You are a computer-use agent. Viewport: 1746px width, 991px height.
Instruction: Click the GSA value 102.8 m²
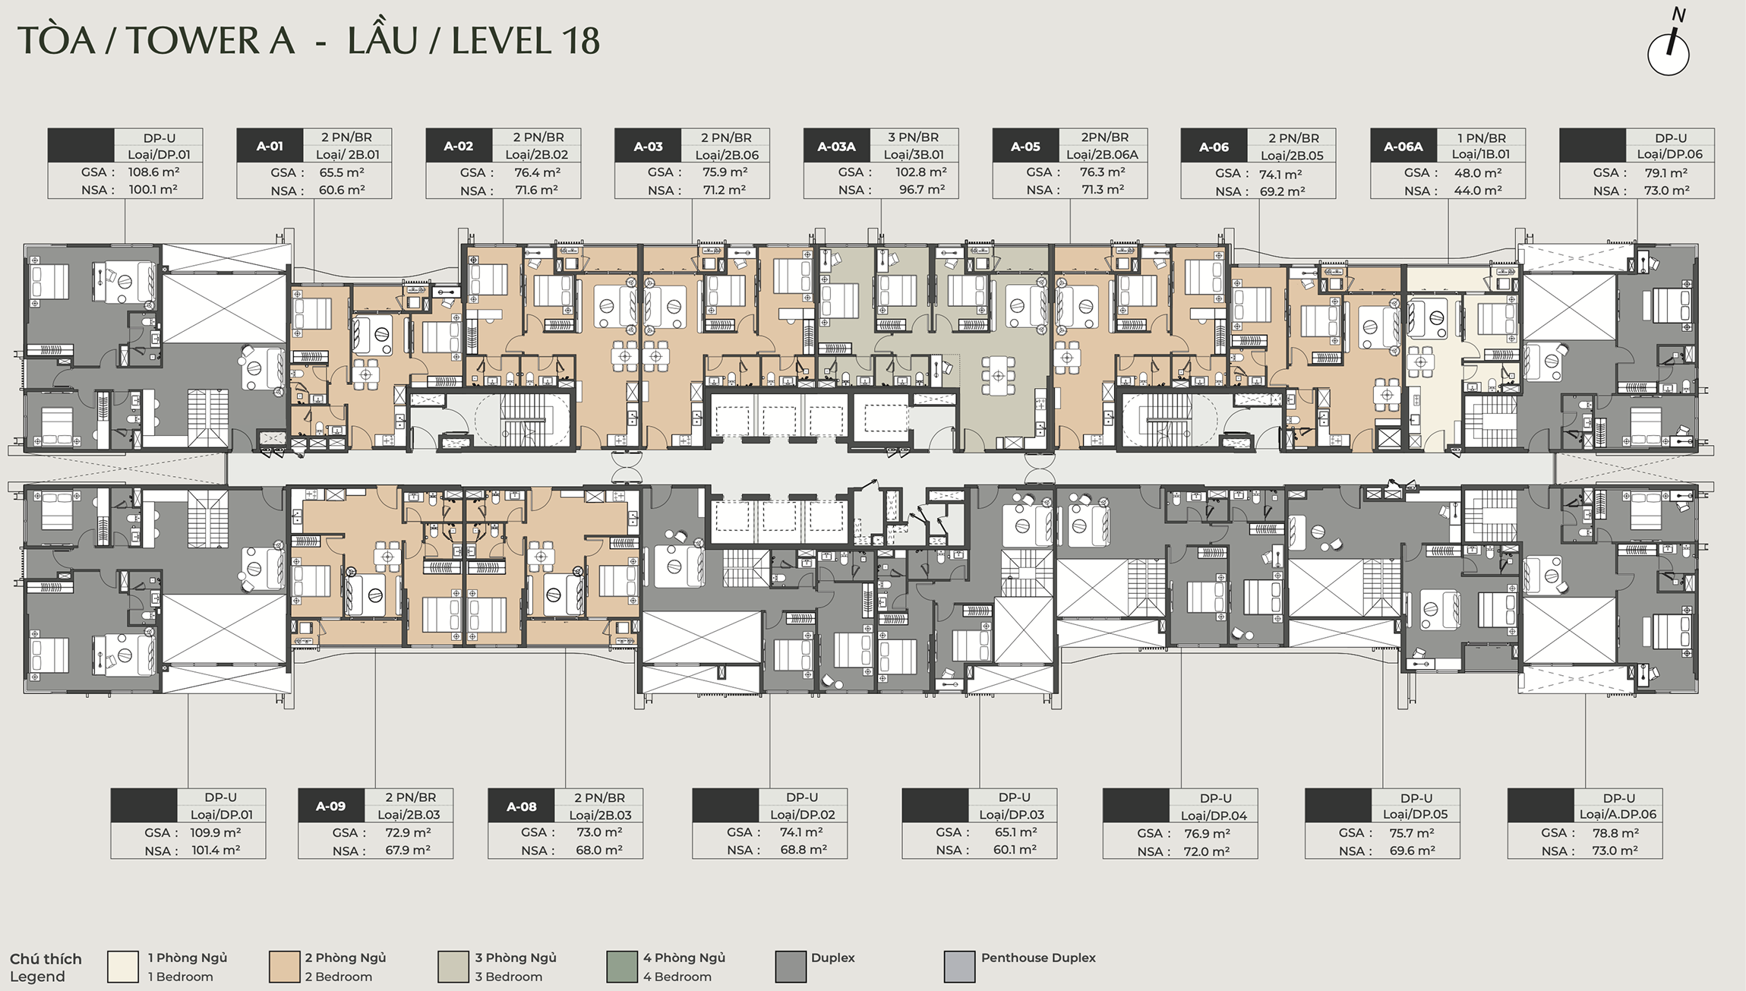click(921, 172)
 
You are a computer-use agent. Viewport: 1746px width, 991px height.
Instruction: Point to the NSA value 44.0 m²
click(1478, 191)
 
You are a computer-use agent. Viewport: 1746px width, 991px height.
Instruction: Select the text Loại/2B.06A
click(1102, 154)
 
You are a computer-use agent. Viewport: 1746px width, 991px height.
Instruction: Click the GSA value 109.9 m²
click(216, 832)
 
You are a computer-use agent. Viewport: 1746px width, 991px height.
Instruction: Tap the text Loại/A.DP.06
click(1618, 814)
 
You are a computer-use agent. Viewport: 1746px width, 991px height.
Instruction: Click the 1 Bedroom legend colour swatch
click(123, 967)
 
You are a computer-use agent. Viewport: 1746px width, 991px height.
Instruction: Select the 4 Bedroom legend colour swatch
click(622, 967)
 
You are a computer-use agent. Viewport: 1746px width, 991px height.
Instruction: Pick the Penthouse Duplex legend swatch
click(959, 967)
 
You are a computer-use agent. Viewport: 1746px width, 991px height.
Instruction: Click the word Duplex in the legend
click(832, 958)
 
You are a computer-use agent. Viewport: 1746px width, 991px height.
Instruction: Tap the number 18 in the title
click(580, 41)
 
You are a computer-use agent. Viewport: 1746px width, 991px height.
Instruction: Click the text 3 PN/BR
click(914, 137)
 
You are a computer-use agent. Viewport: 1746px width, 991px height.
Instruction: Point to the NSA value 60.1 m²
click(1015, 850)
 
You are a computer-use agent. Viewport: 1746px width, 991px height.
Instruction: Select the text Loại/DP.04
click(1214, 816)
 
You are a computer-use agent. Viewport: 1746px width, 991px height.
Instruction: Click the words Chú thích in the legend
click(46, 959)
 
